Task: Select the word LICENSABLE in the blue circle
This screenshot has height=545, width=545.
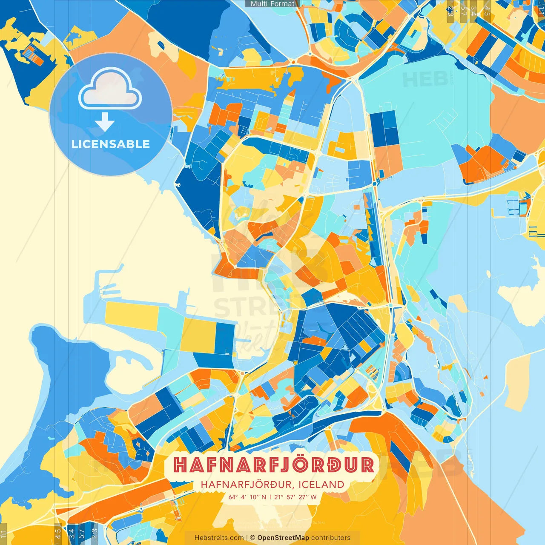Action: [110, 144]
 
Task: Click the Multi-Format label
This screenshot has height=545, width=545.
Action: [272, 4]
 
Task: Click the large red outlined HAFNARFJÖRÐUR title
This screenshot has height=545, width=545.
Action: [274, 465]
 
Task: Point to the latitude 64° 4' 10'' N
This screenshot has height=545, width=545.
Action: [247, 497]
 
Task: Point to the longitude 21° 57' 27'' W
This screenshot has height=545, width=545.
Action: [295, 497]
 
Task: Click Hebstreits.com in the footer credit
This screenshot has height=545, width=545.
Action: [219, 538]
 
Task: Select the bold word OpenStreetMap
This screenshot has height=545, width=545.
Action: [283, 538]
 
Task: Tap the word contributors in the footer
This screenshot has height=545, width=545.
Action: [331, 538]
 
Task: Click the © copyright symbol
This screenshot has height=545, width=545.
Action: [252, 538]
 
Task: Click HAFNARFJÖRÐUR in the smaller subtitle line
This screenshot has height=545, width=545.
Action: [246, 485]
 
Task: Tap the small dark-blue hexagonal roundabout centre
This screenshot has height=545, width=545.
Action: [375, 184]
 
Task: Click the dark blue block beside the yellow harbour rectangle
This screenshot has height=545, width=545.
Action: [225, 338]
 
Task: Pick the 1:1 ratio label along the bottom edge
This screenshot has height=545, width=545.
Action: [3, 533]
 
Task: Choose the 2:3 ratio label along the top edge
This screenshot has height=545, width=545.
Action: [450, 11]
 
